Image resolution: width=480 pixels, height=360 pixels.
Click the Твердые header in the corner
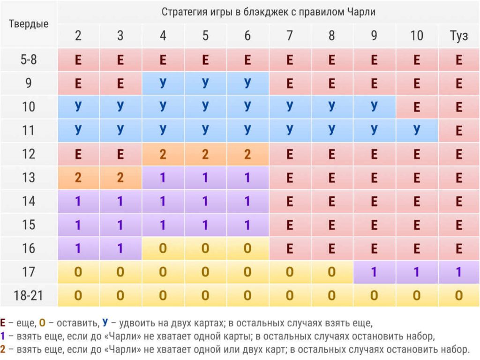point(29,24)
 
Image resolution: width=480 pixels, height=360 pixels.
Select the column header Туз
point(458,36)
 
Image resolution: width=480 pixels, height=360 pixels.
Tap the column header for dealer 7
point(289,36)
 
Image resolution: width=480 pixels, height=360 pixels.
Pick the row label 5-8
point(29,60)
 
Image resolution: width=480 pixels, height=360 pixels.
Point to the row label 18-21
point(29,295)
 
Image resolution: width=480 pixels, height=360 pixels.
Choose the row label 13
point(29,178)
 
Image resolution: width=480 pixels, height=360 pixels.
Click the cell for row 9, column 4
point(163,83)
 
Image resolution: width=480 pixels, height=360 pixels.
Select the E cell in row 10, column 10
point(416,107)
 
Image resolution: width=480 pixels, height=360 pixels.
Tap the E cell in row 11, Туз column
point(458,130)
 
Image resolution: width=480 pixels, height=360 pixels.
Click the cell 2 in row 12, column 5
point(205,154)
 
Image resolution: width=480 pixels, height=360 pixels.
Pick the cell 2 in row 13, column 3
point(120,178)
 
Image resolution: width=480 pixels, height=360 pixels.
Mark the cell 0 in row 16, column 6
point(247,248)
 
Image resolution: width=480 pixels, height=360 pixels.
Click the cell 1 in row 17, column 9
point(374,272)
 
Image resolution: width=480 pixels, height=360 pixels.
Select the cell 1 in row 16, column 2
point(78,248)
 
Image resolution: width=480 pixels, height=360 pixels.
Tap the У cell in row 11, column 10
point(416,130)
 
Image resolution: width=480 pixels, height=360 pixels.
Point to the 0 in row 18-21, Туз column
point(458,295)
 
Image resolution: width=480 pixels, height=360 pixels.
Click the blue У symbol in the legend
point(105,323)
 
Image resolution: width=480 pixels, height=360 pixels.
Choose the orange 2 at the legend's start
point(4,349)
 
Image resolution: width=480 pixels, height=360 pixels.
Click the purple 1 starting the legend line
point(4,336)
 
